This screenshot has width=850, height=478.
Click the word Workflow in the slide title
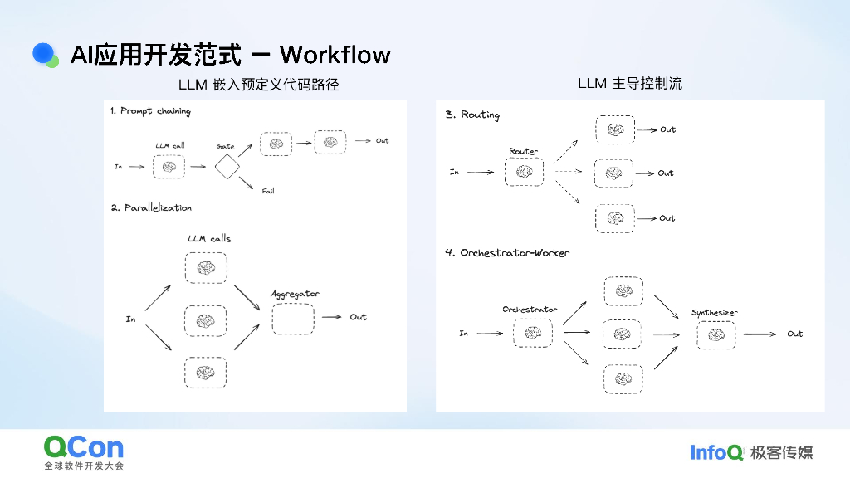(335, 55)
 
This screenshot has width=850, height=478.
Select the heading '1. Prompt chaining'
(150, 111)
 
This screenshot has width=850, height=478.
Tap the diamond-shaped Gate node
(227, 167)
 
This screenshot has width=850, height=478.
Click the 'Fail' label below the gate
(268, 191)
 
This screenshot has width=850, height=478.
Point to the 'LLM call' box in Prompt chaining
(170, 167)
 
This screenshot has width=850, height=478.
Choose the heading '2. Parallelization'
(151, 207)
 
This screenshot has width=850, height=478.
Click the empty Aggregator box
(293, 319)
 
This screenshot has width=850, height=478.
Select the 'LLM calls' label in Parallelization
(209, 239)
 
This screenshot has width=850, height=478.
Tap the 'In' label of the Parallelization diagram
(130, 319)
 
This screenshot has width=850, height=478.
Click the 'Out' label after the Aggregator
(358, 317)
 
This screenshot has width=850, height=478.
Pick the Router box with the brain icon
(524, 173)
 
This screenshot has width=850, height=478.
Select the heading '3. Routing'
(472, 115)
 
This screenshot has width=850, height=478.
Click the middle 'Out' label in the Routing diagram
(666, 173)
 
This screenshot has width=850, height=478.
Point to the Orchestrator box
(532, 334)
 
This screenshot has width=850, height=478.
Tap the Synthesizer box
(716, 334)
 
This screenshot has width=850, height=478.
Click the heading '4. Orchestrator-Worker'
(507, 252)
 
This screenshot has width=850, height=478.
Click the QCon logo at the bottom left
(84, 448)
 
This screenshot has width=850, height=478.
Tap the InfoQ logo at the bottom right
(716, 452)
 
